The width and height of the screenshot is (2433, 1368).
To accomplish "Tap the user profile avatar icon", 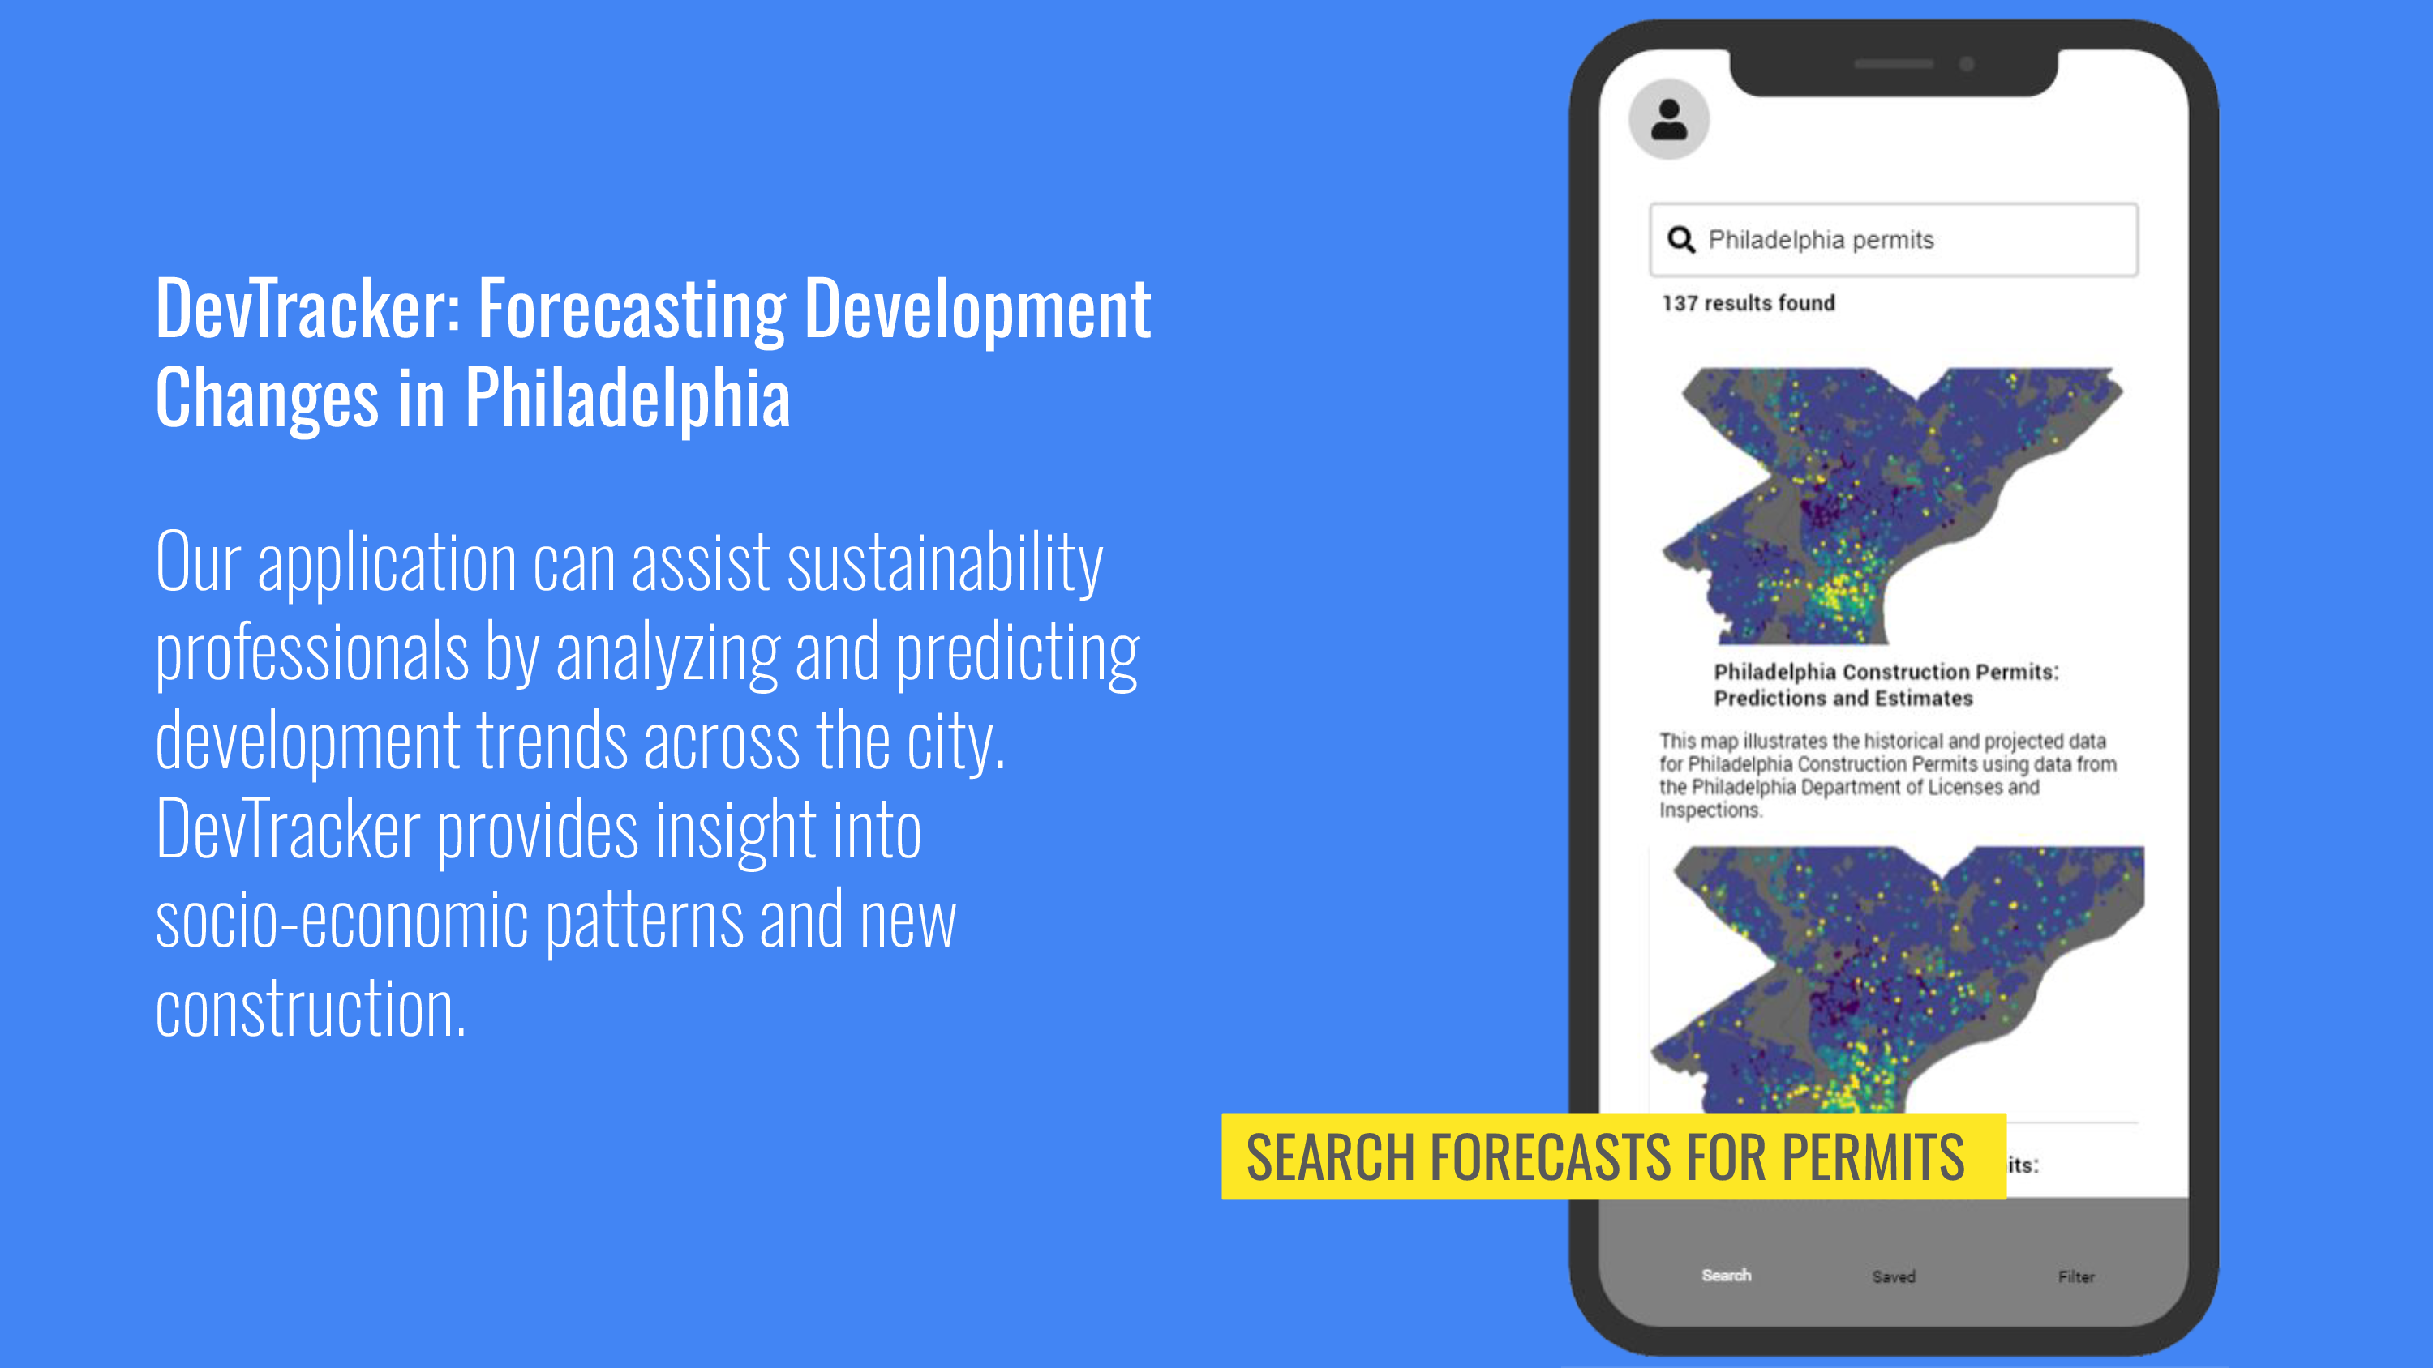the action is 1669,120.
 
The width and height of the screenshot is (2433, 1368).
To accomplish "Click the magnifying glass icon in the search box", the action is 1681,240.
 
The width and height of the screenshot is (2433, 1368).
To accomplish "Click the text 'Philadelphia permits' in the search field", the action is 1821,240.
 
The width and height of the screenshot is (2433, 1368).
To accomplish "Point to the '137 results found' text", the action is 1749,303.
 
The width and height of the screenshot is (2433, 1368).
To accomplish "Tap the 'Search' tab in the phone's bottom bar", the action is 1727,1276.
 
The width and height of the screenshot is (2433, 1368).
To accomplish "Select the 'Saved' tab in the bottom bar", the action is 1894,1276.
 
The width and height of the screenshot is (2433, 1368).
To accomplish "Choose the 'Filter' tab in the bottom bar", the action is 2077,1276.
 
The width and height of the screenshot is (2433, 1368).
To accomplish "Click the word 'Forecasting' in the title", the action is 633,311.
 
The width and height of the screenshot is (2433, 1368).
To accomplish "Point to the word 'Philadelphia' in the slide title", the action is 627,399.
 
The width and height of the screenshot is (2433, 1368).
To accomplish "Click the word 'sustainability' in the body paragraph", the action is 946,565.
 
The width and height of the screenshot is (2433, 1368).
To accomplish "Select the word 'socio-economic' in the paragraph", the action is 342,921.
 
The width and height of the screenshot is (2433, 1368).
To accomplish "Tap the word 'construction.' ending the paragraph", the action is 311,1009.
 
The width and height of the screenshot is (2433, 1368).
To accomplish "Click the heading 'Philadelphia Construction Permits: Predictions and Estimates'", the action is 1886,685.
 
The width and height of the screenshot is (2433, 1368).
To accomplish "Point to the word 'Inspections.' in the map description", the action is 1710,810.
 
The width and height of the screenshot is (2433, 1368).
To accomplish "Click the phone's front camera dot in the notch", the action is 1967,64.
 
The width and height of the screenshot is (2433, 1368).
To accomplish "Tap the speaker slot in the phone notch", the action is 1894,64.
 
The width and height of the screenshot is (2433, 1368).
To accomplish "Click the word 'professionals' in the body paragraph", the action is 311,654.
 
